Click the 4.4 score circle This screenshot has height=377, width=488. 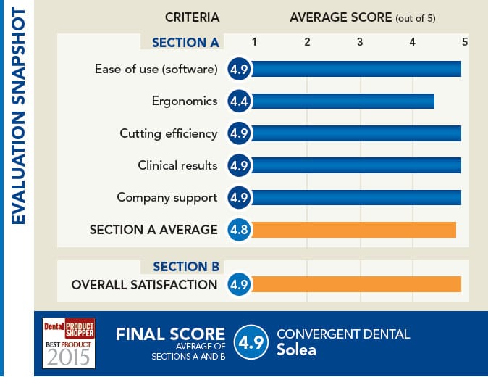(239, 101)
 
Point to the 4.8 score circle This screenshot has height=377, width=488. (239, 230)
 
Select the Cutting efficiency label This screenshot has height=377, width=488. (168, 133)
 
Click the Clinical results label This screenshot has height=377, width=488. (177, 165)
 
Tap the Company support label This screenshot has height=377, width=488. (167, 197)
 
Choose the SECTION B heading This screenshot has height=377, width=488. (185, 266)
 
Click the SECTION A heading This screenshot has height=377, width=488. (185, 42)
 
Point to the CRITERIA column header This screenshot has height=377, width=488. (192, 17)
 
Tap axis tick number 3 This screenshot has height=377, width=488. (360, 42)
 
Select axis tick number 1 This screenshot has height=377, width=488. (254, 42)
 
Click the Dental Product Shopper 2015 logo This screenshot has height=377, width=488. (70, 343)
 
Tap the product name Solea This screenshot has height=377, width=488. (296, 350)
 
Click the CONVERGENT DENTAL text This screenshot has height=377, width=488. (343, 334)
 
